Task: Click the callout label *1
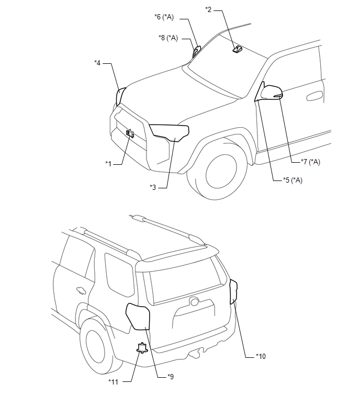coord(108,164)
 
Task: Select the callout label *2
coord(208,9)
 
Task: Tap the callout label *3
coord(153,187)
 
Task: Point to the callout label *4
coord(97,63)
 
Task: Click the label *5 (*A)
coord(292,180)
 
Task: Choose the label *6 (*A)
coord(164,17)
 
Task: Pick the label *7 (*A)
coord(310,162)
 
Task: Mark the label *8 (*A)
coord(168,38)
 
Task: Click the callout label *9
coord(171,377)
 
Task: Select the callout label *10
coord(261,356)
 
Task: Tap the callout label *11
coord(114,382)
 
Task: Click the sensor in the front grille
coord(130,134)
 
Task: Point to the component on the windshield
coord(238,49)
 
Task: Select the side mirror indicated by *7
coord(272,92)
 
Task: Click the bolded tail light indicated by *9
coord(138,317)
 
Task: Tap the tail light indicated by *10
coord(233,291)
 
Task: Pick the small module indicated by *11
coord(142,348)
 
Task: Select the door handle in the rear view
coord(81,290)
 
